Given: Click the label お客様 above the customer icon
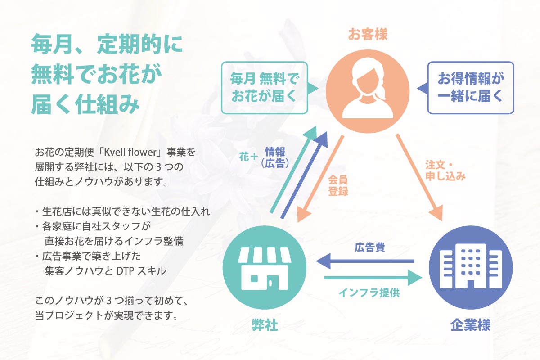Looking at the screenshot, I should pos(368,35).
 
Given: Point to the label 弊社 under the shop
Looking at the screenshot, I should pos(265,325).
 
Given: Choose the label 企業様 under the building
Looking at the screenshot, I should pos(471,325).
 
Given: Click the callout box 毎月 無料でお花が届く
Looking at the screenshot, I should pos(264,87).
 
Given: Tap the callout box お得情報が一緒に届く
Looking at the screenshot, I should pos(471,87).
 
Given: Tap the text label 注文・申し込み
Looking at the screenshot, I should pos(445,170).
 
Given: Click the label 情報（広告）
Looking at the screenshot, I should pos(275,157).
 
